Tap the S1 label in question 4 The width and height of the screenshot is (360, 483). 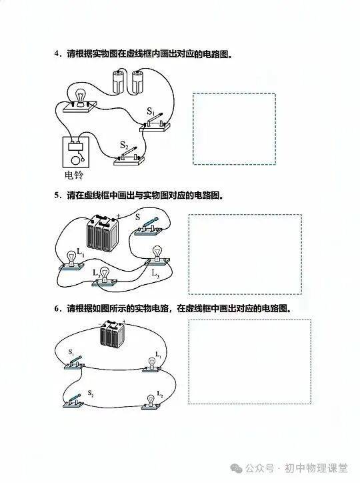[151, 111]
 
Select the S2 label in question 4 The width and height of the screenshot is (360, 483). [124, 145]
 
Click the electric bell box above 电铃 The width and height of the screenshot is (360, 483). [76, 152]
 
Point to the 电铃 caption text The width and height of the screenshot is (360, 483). [74, 175]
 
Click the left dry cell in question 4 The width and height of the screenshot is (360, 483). [119, 81]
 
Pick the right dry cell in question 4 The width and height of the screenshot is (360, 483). [137, 81]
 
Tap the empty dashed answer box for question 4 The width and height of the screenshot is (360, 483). [234, 129]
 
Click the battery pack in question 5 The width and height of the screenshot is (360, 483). [103, 232]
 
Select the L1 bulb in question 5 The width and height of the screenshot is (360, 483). [71, 261]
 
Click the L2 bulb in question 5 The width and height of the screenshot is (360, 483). [105, 276]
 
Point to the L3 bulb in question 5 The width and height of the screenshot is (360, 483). [157, 256]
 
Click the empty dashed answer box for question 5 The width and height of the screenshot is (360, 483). [245, 254]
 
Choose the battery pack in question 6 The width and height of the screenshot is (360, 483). [112, 334]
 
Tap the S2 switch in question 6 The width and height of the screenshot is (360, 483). [73, 401]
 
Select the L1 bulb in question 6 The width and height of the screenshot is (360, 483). [152, 364]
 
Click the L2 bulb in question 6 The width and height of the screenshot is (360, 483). [151, 402]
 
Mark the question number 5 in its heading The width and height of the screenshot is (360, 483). [56, 195]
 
